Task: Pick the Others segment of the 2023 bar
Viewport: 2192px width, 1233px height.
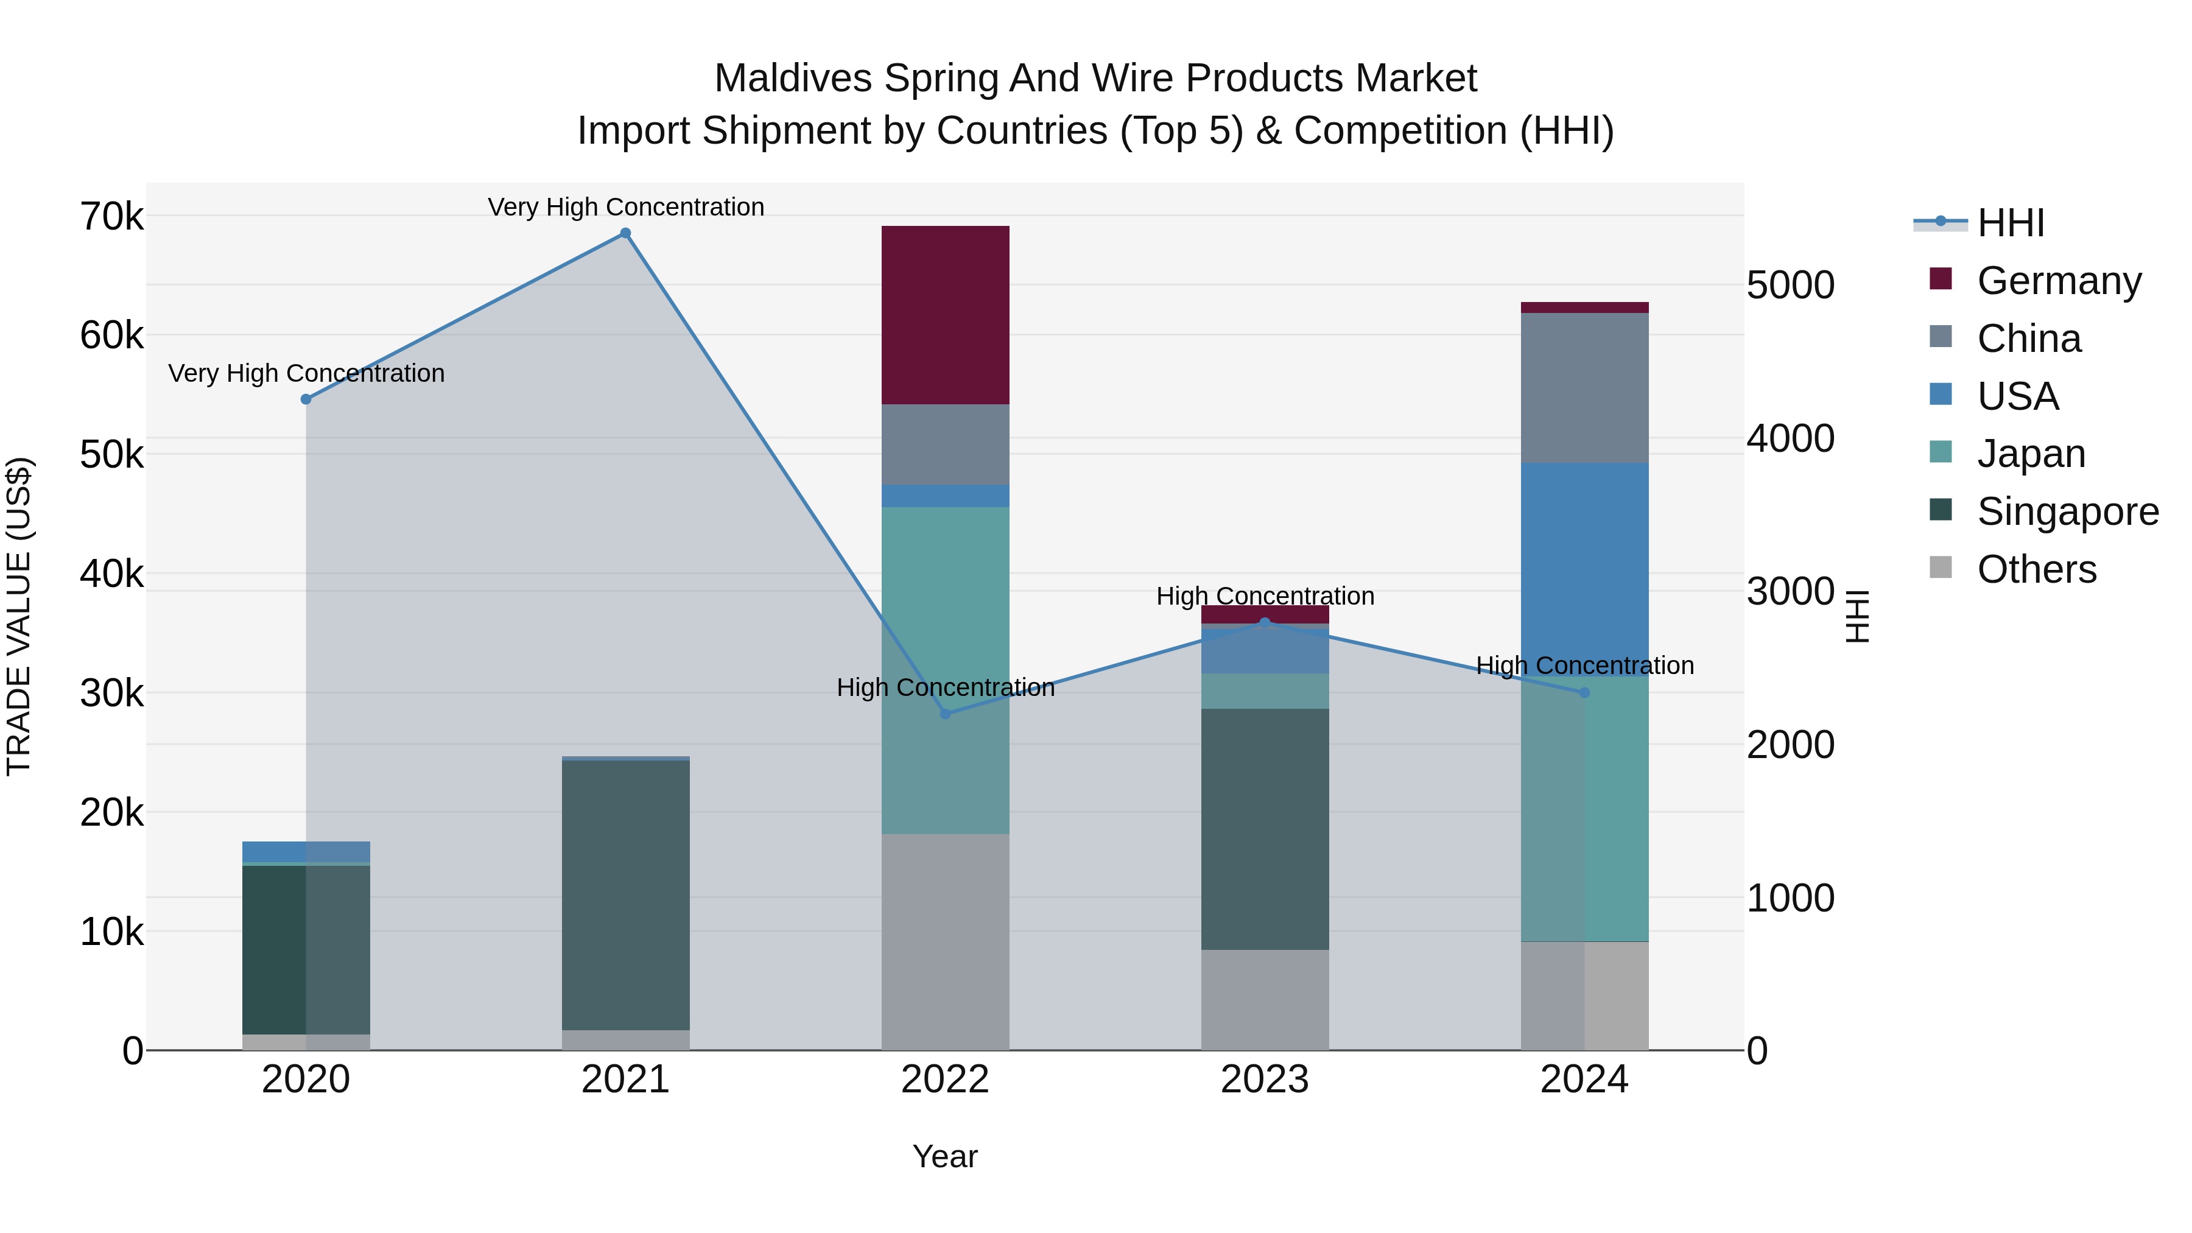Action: pyautogui.click(x=1265, y=1000)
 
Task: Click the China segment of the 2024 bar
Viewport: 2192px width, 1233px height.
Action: pyautogui.click(x=1584, y=388)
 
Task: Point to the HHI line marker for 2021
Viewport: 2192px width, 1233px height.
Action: pyautogui.click(x=625, y=233)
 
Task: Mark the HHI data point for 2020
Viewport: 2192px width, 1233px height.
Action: pyautogui.click(x=306, y=399)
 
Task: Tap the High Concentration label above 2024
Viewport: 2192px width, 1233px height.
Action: pyautogui.click(x=1584, y=666)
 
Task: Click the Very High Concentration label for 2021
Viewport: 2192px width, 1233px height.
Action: pyautogui.click(x=625, y=207)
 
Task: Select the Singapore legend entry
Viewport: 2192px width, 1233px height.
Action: pyautogui.click(x=2067, y=511)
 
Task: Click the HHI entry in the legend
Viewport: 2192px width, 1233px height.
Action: pyautogui.click(x=2010, y=223)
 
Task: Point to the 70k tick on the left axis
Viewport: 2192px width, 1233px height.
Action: pyautogui.click(x=111, y=217)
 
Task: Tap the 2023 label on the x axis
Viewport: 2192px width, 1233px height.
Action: pyautogui.click(x=1265, y=1080)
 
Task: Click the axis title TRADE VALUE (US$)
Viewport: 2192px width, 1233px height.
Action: pyautogui.click(x=19, y=616)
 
